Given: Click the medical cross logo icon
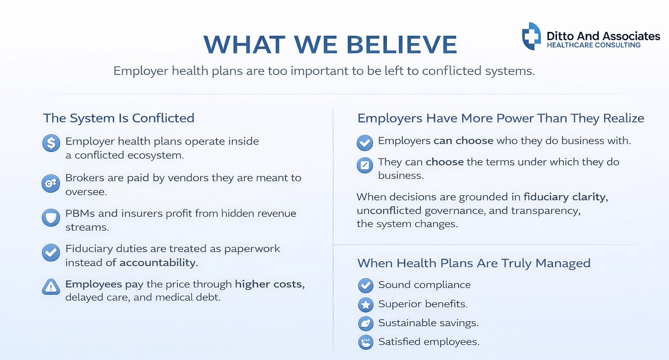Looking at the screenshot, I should click(x=531, y=36).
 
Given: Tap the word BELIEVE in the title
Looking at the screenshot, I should click(x=402, y=45).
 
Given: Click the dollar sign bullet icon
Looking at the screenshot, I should click(x=51, y=143).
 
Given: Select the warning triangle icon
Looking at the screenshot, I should click(x=51, y=287).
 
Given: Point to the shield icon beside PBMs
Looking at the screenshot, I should click(x=51, y=217).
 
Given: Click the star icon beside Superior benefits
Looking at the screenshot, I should click(x=365, y=304).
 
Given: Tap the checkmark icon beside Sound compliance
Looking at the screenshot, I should click(x=365, y=285).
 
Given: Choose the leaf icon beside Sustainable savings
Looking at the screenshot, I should click(x=365, y=323).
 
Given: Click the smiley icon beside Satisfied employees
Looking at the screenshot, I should click(x=365, y=342).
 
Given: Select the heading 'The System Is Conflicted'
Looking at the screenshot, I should click(x=118, y=118).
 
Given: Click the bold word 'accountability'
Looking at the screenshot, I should click(x=158, y=262).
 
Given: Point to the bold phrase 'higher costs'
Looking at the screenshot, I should click(x=269, y=284).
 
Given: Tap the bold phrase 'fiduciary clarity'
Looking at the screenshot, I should click(x=564, y=197).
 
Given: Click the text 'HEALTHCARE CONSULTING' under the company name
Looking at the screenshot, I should click(x=594, y=45).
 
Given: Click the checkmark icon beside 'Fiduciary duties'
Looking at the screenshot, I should click(x=51, y=252).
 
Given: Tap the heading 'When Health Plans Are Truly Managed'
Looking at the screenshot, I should click(x=474, y=263).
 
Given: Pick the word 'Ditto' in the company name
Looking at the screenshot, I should click(x=560, y=36).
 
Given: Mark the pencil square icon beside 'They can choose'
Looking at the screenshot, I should click(x=365, y=165).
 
